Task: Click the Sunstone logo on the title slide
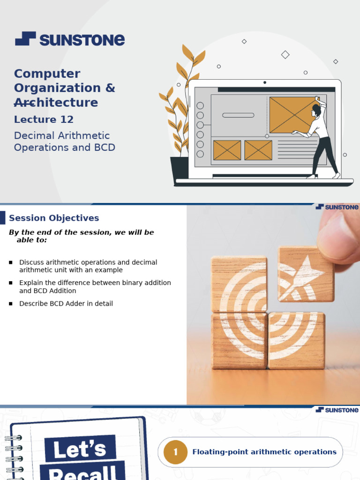tap(70, 39)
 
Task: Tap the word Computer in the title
tap(47, 74)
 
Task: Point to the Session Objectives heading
tap(54, 218)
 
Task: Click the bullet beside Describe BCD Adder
tap(11, 304)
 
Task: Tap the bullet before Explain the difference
tap(11, 283)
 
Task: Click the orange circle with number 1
tap(176, 452)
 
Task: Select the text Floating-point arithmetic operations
tap(264, 452)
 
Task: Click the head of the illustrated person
tap(316, 110)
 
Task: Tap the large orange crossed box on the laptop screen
tap(292, 115)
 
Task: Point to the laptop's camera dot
tap(265, 82)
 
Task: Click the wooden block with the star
tap(306, 274)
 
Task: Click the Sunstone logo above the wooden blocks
tap(337, 207)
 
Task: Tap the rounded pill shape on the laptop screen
tap(238, 115)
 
